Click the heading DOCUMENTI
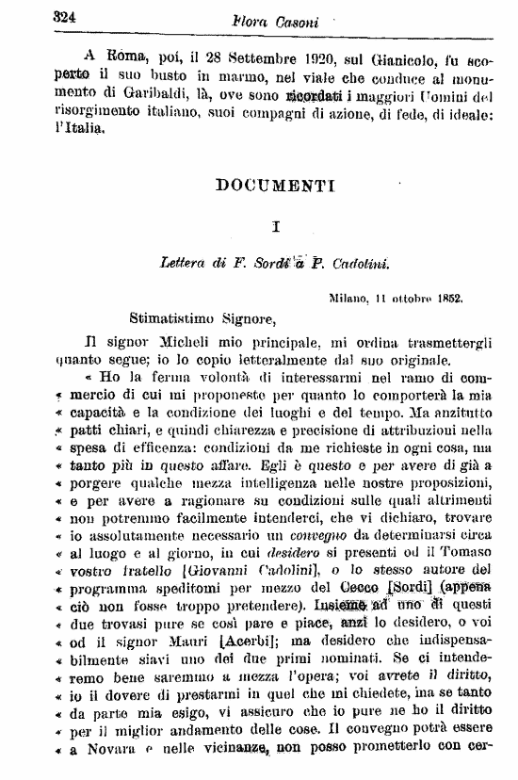tap(275, 186)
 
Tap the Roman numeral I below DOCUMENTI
tap(275, 226)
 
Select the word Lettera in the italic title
tap(186, 266)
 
